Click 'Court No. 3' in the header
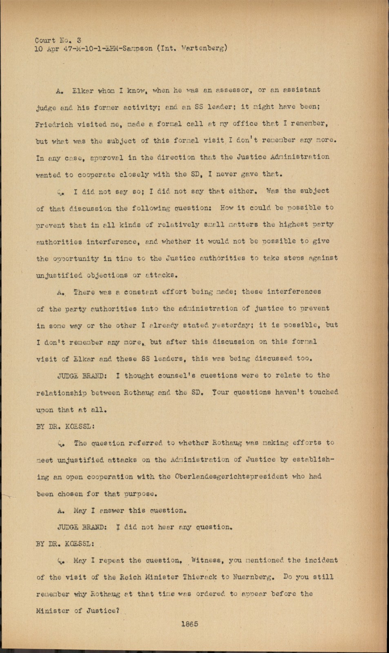click(58, 40)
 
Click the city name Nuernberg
click(250, 577)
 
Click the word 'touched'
click(323, 392)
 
